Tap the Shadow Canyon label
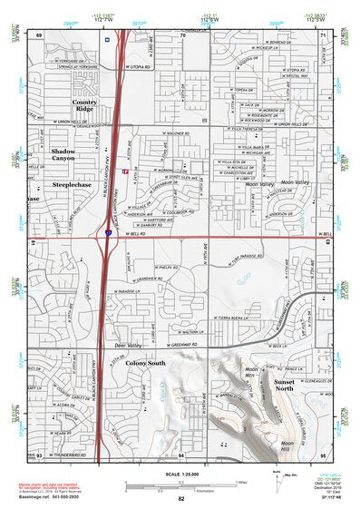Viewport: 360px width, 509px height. tap(63, 154)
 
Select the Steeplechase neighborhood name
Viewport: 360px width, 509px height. tap(72, 184)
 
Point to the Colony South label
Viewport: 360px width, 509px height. tap(145, 363)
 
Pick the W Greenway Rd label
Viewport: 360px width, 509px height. tap(180, 345)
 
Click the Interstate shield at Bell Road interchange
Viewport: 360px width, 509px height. tap(108, 234)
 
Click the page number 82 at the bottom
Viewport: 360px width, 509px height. tap(181, 499)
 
